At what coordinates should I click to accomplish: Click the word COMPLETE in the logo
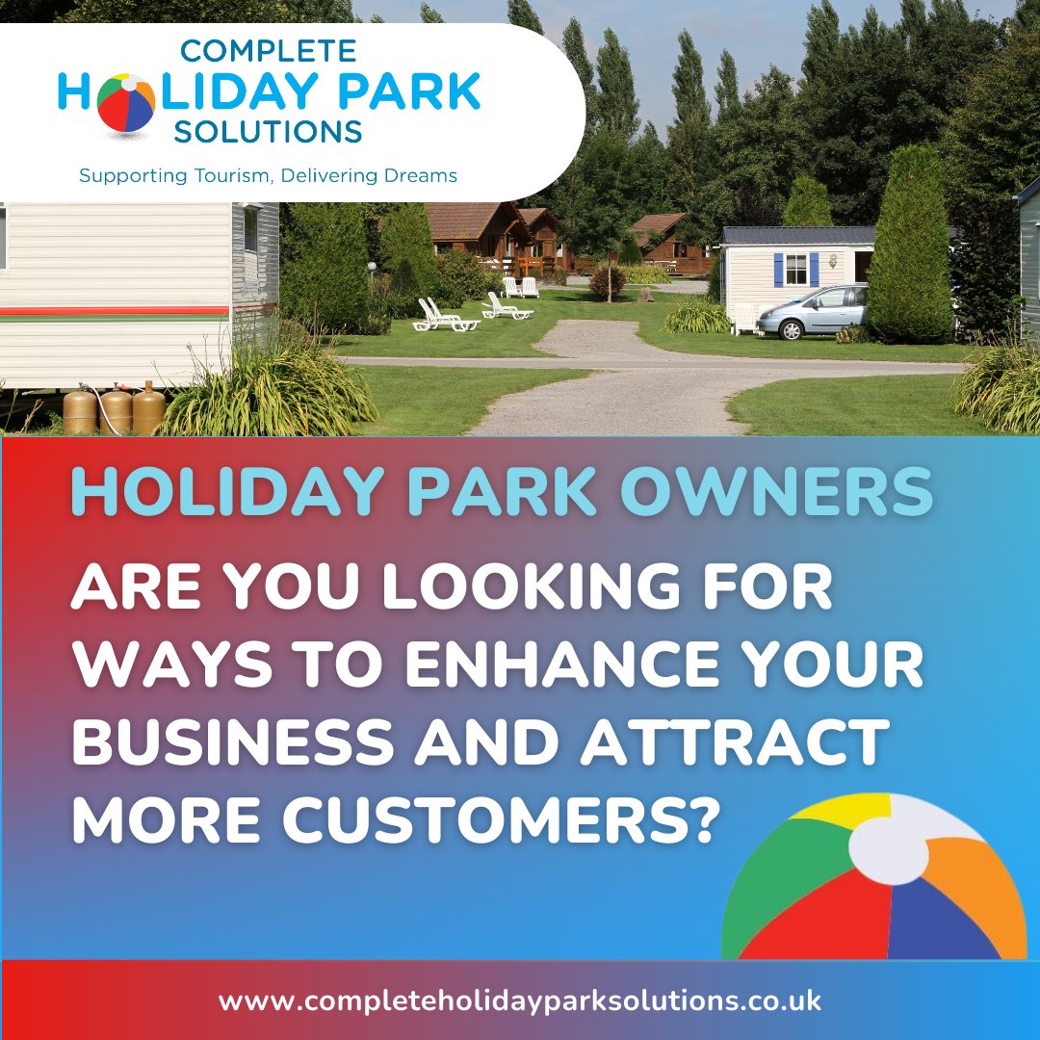click(x=268, y=51)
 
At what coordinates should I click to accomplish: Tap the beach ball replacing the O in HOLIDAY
click(x=125, y=102)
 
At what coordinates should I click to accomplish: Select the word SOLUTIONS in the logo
click(x=268, y=132)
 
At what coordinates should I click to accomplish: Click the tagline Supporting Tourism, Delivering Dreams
click(x=268, y=175)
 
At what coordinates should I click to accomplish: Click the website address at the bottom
click(x=520, y=1001)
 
